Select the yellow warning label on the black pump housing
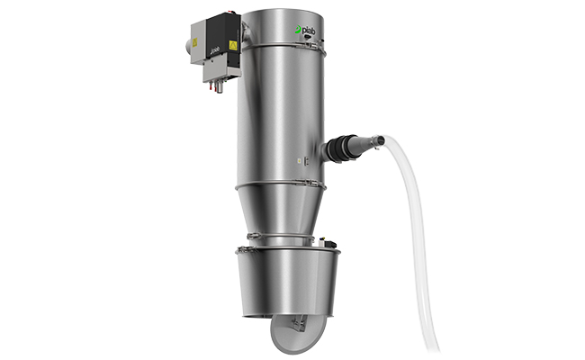tap(233, 41)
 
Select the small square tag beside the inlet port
tap(302, 161)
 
